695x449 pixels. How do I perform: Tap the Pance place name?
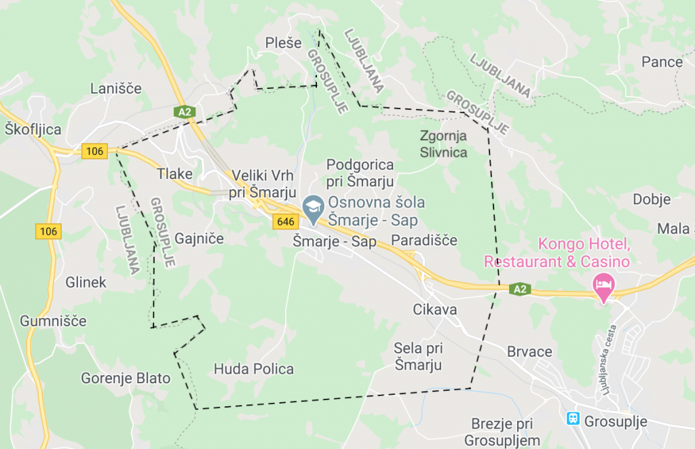point(662,62)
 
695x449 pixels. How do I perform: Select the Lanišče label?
point(116,89)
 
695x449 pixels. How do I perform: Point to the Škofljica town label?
point(33,130)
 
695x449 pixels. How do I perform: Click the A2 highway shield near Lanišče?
point(184,112)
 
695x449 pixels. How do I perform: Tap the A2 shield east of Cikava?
point(519,290)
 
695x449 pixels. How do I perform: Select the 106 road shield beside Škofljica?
point(94,151)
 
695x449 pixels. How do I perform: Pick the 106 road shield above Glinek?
point(48,231)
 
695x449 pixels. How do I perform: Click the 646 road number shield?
point(286,221)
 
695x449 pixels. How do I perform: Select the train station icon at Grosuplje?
point(574,418)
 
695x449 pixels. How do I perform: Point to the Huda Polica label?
point(254,369)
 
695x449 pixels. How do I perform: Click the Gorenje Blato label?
point(126,378)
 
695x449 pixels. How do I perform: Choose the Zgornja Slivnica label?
point(444,144)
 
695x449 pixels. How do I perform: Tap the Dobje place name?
point(652,199)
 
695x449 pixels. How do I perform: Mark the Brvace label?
point(530,352)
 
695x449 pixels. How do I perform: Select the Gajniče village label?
point(199,239)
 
